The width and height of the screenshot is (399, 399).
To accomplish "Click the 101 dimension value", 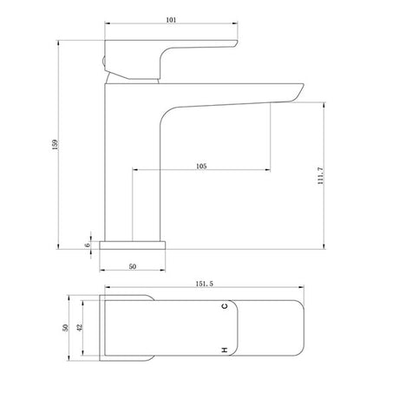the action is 171,20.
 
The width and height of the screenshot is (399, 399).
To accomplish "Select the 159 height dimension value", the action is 55,145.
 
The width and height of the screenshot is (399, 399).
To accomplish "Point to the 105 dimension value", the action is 201,167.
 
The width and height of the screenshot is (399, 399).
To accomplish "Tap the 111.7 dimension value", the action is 321,176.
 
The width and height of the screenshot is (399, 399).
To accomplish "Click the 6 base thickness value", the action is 88,245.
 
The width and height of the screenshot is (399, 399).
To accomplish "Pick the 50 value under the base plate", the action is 133,266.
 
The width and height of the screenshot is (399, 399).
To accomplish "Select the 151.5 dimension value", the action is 205,284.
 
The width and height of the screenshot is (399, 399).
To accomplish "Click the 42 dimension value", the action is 80,328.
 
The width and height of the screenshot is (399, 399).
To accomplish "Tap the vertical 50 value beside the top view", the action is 66,328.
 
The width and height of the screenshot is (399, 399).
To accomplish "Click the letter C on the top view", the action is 225,306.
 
